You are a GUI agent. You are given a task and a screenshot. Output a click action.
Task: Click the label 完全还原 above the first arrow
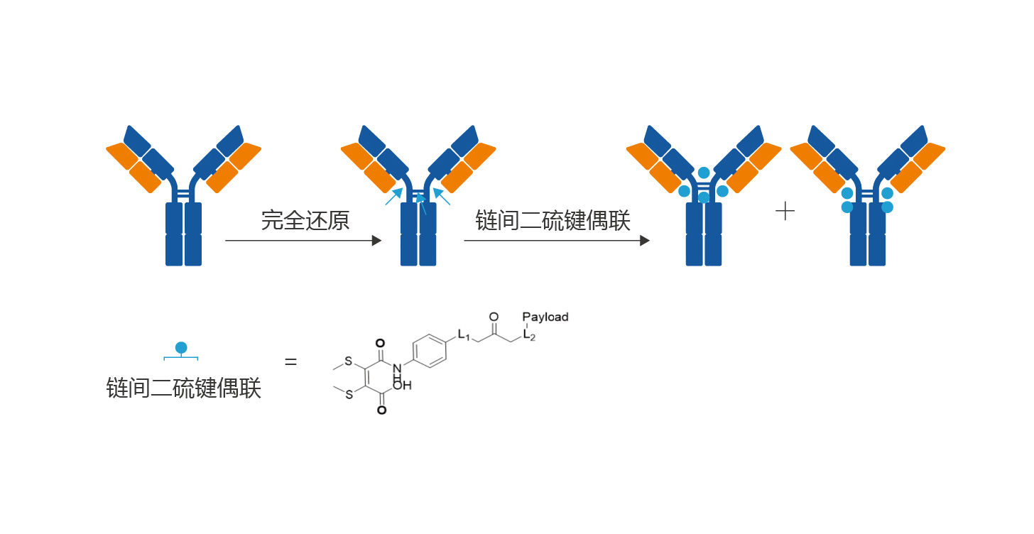click(305, 220)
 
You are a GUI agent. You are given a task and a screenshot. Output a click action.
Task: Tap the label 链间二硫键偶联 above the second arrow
click(553, 220)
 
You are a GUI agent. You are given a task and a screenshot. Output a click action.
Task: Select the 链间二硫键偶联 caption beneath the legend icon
click(184, 388)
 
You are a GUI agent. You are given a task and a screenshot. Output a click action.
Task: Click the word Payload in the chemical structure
click(545, 317)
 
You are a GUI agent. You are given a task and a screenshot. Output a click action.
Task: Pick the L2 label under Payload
click(529, 334)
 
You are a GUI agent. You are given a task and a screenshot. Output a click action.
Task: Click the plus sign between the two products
click(785, 211)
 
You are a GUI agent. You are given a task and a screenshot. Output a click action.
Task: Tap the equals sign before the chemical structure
click(290, 362)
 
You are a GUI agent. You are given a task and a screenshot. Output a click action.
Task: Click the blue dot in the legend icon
click(181, 347)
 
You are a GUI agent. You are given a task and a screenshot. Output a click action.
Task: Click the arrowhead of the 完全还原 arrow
click(377, 241)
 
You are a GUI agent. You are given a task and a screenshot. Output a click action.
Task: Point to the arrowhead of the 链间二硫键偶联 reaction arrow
click(645, 241)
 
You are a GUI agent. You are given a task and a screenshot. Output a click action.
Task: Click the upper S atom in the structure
click(349, 361)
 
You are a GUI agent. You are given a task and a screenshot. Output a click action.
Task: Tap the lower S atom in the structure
click(349, 395)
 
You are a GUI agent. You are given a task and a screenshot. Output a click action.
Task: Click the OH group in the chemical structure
click(402, 386)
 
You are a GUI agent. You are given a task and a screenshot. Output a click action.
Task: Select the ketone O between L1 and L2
click(494, 317)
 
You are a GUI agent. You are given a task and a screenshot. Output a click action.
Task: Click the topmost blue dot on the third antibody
click(704, 173)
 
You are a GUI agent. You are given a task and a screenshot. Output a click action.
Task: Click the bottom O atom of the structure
click(381, 410)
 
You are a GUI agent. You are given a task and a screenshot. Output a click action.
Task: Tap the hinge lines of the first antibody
click(183, 194)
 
